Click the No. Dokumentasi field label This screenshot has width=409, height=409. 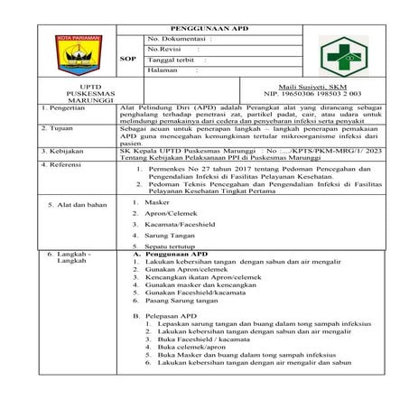(176, 40)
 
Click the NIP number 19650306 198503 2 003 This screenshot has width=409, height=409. (313, 92)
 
